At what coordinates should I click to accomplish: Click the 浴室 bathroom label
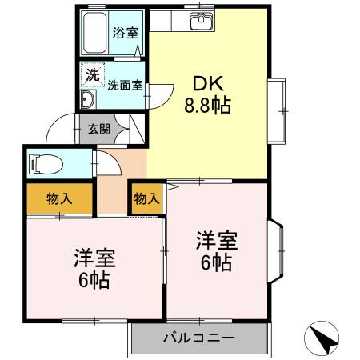click(125, 34)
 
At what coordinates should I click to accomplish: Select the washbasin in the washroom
click(88, 100)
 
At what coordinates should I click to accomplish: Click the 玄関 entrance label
click(99, 127)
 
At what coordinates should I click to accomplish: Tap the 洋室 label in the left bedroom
click(94, 258)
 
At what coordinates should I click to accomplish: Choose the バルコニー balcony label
click(199, 338)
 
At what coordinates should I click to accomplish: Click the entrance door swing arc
click(59, 127)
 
